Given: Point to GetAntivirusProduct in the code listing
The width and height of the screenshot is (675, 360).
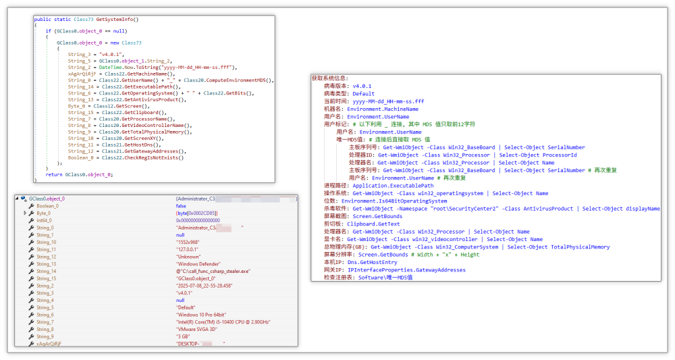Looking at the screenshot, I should pos(152,99).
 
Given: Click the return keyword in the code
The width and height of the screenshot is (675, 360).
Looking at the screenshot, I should pos(54,175).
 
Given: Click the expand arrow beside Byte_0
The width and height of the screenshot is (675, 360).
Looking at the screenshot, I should pos(26,213).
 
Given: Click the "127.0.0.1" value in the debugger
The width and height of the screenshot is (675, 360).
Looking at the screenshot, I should pos(180,249).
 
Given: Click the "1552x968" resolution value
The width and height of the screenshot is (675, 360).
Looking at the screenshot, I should pos(179,242).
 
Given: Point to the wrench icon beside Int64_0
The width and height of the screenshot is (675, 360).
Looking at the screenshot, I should pos(31,220).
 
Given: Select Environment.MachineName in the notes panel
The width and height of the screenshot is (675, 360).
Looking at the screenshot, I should pos(383,109).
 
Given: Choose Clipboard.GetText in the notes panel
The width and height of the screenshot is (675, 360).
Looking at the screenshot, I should pos(373,224).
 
